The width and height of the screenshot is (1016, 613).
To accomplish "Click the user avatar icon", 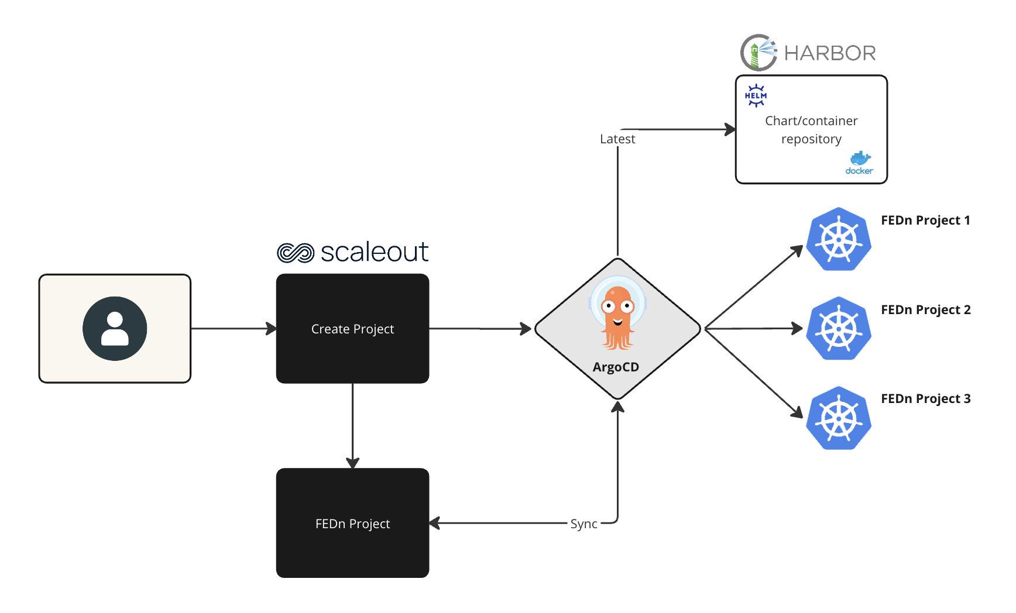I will point(115,329).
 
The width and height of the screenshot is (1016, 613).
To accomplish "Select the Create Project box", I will point(352,329).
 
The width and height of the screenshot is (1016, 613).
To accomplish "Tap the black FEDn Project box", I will point(352,524).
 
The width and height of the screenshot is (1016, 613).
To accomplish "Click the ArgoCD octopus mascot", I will point(617,316).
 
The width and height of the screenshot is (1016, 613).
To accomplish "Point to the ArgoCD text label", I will point(616,367).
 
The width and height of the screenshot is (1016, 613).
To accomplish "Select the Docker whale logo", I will point(859,163).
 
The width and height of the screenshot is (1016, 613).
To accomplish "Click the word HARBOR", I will point(830,53).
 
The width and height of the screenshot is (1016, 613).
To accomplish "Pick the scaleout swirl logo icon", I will point(296,253).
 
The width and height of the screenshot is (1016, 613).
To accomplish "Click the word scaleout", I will point(375,252).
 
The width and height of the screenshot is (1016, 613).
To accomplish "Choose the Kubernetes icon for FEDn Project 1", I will point(839,239).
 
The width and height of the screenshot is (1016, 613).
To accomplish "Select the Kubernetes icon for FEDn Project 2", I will point(839,329).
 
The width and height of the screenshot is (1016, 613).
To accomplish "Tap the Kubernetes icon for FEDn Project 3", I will point(839,418).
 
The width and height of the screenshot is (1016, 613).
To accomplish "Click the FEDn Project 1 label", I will point(925,221).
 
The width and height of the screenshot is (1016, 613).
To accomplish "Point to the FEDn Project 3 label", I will point(926,399).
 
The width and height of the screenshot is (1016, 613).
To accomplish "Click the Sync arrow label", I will point(583,524).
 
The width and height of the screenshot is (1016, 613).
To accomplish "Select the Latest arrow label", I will point(617,139).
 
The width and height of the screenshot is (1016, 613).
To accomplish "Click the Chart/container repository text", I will point(811,130).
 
